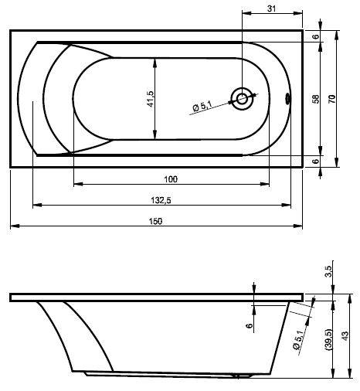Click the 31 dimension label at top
tap(271, 8)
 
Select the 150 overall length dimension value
tap(155, 221)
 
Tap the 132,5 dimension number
tap(161, 200)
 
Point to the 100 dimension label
tap(171, 179)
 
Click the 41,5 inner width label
tap(151, 99)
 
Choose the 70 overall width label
tap(332, 99)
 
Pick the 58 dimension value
tap(316, 99)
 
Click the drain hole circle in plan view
tap(242, 99)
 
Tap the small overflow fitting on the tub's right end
tap(287, 99)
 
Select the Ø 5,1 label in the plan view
tap(202, 106)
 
